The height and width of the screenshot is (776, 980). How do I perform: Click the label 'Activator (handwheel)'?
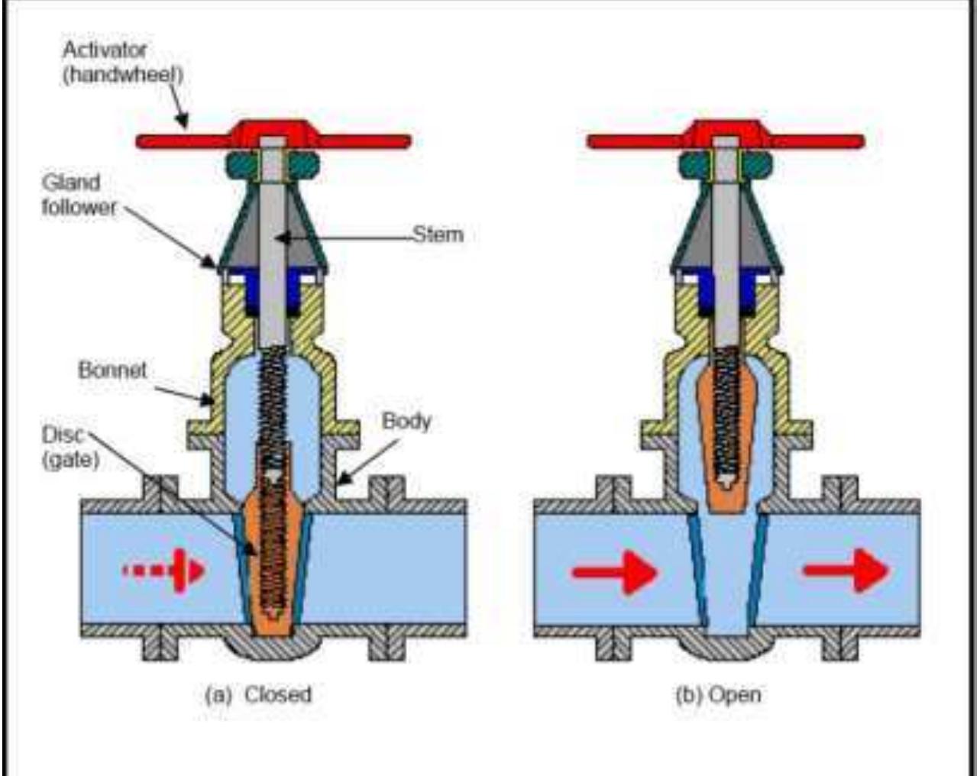122,63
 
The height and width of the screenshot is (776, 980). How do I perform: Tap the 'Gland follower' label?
79,195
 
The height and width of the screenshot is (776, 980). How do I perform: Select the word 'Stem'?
438,234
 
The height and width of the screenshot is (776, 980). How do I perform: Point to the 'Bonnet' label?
112,370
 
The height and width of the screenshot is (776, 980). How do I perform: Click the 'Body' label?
406,421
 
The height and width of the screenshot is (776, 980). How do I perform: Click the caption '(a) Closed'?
259,695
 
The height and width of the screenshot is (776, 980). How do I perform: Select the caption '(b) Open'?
718,695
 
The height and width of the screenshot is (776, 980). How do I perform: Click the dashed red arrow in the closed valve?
164,570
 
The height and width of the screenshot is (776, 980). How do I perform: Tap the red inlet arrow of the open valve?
616,571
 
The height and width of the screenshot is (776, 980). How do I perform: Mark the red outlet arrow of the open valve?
846,571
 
